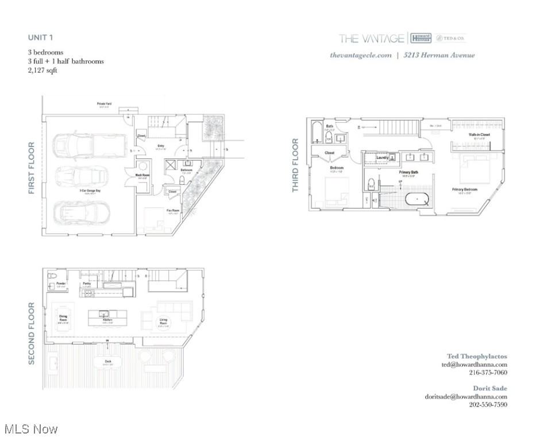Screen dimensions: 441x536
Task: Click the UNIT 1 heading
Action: [41, 37]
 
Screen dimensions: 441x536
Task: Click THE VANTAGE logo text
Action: [371, 38]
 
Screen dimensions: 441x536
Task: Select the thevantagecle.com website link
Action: [361, 55]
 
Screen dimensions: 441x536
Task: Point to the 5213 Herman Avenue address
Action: [439, 55]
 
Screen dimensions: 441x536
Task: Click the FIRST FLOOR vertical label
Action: [32, 168]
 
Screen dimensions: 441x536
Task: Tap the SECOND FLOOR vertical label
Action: [32, 333]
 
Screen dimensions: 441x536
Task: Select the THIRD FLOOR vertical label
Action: [296, 165]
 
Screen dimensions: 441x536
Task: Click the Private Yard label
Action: [105, 104]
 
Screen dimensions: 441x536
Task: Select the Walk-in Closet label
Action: [479, 134]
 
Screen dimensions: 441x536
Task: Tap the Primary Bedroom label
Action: [465, 189]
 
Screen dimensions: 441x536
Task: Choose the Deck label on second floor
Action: [108, 361]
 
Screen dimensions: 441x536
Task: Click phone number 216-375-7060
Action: [488, 372]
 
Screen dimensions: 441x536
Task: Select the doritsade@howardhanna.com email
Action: [466, 396]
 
